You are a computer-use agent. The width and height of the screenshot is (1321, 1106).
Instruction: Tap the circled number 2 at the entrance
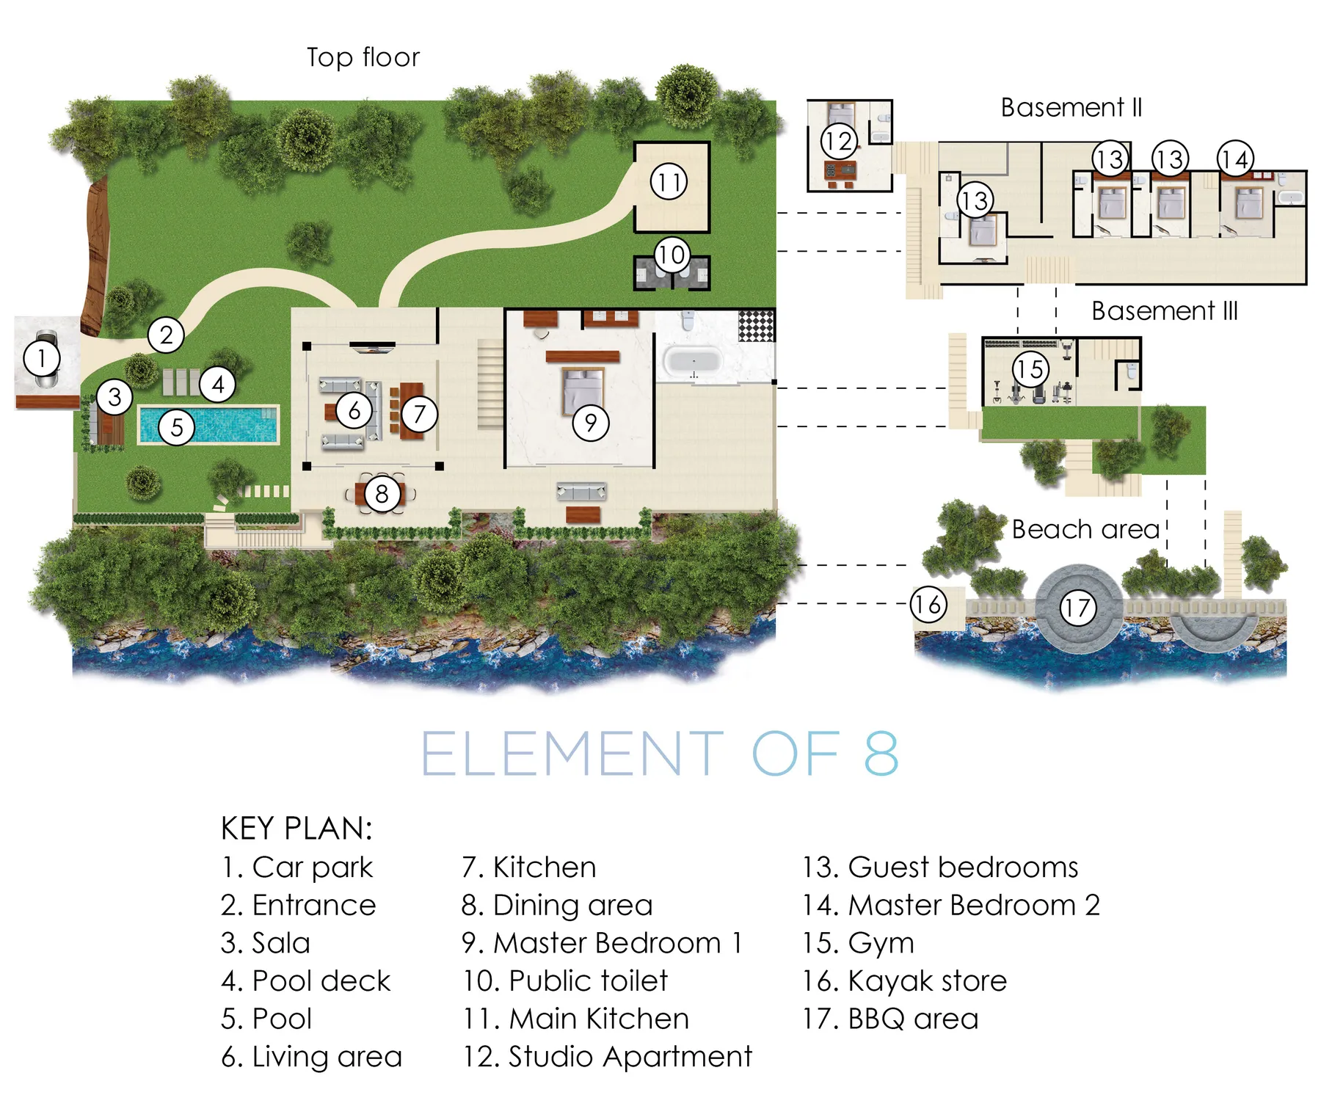pyautogui.click(x=167, y=335)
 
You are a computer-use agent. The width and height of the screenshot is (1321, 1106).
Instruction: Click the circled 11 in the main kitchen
pyautogui.click(x=669, y=181)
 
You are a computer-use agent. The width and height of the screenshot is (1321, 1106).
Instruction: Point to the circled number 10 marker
pyautogui.click(x=672, y=255)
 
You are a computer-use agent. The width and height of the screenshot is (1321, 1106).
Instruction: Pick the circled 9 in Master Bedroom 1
pyautogui.click(x=591, y=423)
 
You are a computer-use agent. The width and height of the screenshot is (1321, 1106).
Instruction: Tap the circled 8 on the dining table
pyautogui.click(x=382, y=493)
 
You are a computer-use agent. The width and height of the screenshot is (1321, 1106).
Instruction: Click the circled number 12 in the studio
pyautogui.click(x=839, y=141)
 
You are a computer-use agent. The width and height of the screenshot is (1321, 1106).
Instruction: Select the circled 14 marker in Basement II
pyautogui.click(x=1235, y=159)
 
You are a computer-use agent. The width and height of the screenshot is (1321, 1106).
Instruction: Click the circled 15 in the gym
pyautogui.click(x=1030, y=368)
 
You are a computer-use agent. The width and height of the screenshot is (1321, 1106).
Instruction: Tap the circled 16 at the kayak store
pyautogui.click(x=928, y=605)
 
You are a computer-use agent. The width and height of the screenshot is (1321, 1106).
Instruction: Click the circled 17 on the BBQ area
pyautogui.click(x=1078, y=608)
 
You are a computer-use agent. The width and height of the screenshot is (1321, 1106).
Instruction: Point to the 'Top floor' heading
pyautogui.click(x=363, y=57)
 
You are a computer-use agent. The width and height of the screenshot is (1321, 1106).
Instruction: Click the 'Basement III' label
pyautogui.click(x=1165, y=311)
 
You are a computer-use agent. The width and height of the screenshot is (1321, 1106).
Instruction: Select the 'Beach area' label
pyautogui.click(x=1085, y=529)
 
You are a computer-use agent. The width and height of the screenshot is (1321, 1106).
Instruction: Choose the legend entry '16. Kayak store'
pyautogui.click(x=905, y=981)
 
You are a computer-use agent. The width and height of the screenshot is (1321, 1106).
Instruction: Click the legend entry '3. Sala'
pyautogui.click(x=266, y=943)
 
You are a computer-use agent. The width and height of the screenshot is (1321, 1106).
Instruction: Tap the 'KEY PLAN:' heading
pyautogui.click(x=297, y=829)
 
